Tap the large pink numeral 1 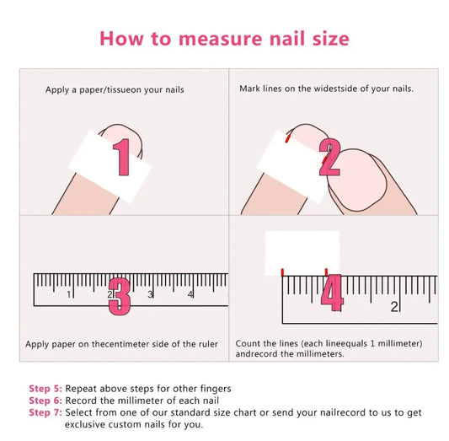[x=122, y=157]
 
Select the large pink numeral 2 [x=329, y=157]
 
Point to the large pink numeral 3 [x=120, y=297]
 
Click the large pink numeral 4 [x=332, y=293]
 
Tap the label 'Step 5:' [x=45, y=389]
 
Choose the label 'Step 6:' [x=45, y=401]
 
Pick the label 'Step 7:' [x=45, y=412]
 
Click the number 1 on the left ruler [x=69, y=294]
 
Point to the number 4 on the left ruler [x=190, y=294]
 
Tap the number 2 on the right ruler [x=394, y=307]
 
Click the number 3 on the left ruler [x=150, y=294]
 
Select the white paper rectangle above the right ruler [x=302, y=253]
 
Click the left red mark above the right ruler [x=283, y=272]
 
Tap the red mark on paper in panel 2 [x=287, y=139]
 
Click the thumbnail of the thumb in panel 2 [x=357, y=180]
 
